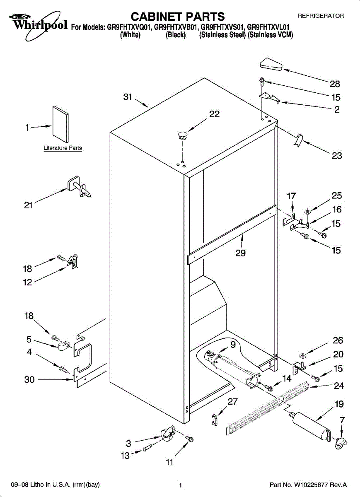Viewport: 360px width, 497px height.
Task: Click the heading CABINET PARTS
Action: (x=178, y=17)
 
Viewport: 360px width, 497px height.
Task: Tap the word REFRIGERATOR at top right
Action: (x=321, y=16)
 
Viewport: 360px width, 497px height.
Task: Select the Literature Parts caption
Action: (x=63, y=148)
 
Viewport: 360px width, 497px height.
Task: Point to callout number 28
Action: (x=335, y=84)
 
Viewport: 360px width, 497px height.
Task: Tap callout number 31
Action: (x=128, y=97)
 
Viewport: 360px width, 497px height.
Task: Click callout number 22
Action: (x=214, y=114)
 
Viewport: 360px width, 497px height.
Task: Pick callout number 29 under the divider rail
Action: (x=240, y=253)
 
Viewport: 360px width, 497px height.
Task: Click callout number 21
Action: (x=28, y=205)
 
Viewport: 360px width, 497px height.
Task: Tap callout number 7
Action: (x=342, y=420)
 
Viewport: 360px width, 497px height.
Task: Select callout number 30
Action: (x=29, y=379)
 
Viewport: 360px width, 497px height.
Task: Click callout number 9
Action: (x=233, y=344)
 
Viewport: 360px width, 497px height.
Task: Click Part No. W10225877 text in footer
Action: (x=308, y=485)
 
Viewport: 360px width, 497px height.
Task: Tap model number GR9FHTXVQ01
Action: (x=130, y=28)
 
